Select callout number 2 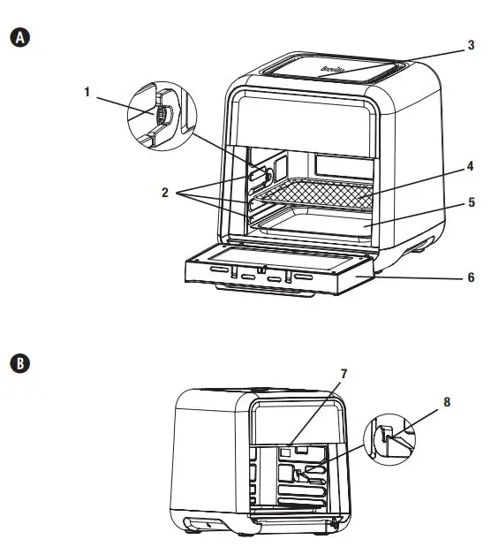point(164,193)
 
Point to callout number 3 point(472,44)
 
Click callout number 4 point(472,165)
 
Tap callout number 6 point(472,277)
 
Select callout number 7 point(344,374)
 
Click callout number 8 point(446,402)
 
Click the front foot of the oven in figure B point(191,528)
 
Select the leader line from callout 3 point(406,57)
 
